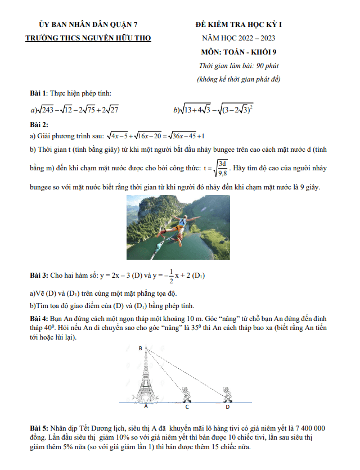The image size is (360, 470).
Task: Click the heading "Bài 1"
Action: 38,93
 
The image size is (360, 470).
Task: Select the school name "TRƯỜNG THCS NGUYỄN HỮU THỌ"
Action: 88,38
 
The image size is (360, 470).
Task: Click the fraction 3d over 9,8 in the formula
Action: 222,168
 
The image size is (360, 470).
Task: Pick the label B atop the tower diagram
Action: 140,349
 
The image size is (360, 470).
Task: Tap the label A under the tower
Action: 146,406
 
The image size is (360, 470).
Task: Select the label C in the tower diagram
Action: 187,406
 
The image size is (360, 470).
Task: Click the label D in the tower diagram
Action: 227,406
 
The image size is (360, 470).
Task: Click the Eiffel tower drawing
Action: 146,377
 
